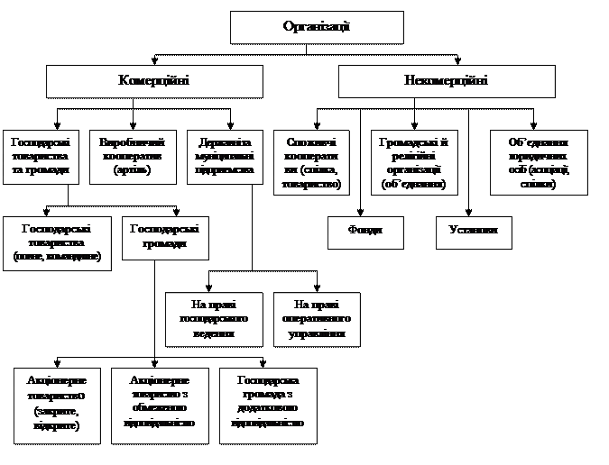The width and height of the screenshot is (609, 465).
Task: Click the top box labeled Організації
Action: point(316,27)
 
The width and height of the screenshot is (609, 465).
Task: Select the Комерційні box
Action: point(154,81)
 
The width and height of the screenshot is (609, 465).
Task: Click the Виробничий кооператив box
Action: point(133,157)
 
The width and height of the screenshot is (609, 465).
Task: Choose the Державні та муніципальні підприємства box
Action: point(225,157)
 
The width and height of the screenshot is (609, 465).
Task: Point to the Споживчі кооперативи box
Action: point(311,163)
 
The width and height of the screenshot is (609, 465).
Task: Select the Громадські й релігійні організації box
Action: point(415,163)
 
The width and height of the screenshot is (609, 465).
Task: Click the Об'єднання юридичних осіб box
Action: point(539,163)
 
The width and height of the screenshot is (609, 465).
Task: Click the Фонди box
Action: point(365,232)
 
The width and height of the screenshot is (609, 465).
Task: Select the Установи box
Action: point(474,232)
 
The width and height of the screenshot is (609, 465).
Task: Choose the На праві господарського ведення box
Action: point(214,319)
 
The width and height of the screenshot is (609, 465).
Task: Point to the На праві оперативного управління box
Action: point(317,319)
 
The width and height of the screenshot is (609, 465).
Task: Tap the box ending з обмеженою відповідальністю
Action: point(160,405)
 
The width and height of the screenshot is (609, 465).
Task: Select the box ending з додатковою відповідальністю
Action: point(268,405)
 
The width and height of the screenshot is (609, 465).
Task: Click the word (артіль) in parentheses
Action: point(133,169)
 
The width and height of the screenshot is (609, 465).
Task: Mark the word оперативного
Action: point(317,319)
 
